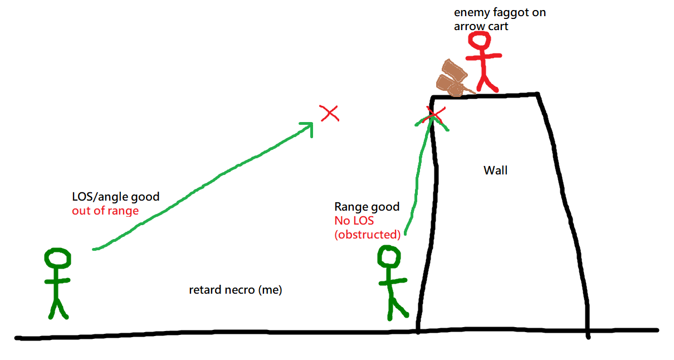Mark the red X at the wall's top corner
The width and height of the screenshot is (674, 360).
coord(434,115)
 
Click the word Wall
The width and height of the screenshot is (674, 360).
coord(495,170)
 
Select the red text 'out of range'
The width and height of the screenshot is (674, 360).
coord(105,211)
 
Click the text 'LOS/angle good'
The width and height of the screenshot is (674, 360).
coord(115,196)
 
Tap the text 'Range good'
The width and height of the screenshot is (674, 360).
coord(367,207)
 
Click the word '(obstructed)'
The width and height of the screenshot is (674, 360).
coord(367,235)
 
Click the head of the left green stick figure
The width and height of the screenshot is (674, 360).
coord(58,259)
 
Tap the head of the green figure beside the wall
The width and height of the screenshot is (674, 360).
coord(389,257)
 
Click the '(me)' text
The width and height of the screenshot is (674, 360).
coord(270,290)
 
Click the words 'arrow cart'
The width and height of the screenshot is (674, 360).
coord(481,26)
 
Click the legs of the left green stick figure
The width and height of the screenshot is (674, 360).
coord(58,308)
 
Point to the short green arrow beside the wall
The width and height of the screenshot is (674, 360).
coord(419,167)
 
